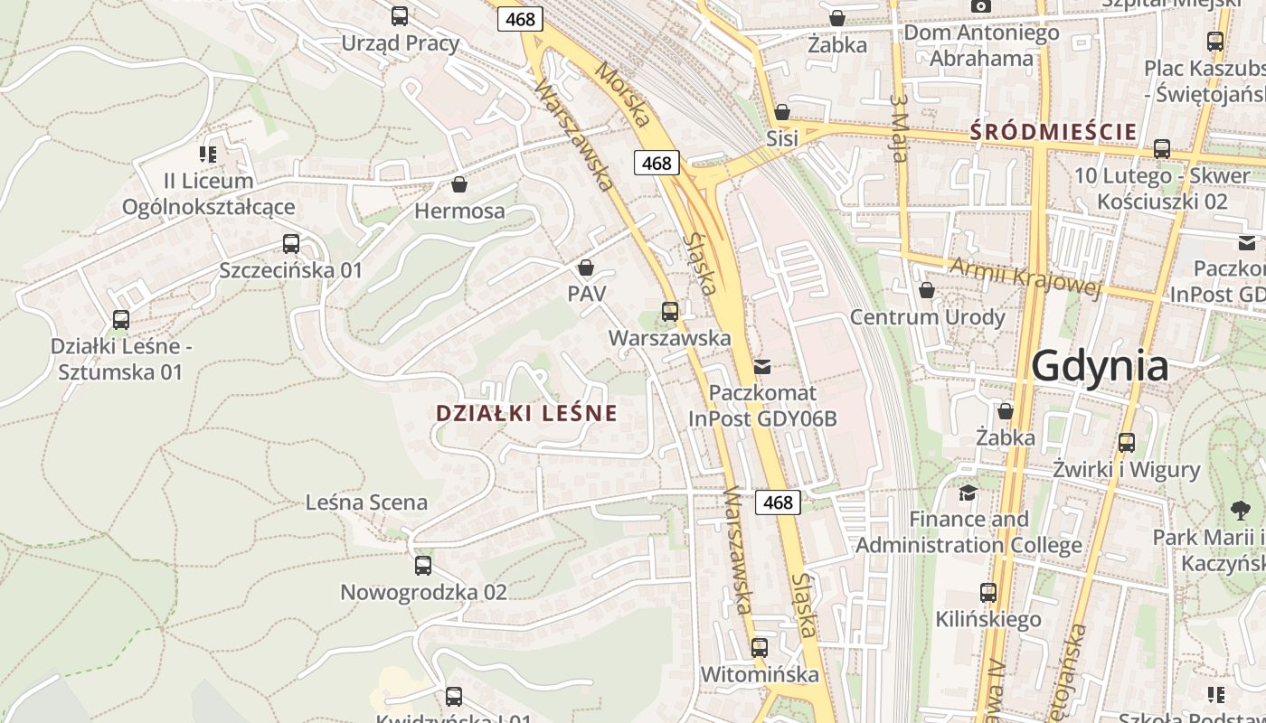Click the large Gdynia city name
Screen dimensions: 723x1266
[x=1100, y=367]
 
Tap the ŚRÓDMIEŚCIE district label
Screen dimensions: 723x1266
[x=1053, y=132]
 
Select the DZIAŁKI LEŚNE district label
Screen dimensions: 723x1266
[x=526, y=414]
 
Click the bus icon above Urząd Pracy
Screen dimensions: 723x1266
[x=400, y=16]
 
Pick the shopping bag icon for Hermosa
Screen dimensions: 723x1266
[x=459, y=184]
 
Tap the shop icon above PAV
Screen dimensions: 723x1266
[x=586, y=268]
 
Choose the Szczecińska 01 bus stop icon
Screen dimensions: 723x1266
[x=291, y=244]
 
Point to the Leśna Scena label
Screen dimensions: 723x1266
[x=366, y=502]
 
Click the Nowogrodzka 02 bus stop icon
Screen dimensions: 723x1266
[x=423, y=566]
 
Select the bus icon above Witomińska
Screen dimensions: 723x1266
[x=760, y=648]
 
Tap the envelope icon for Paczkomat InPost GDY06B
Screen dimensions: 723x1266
[x=762, y=367]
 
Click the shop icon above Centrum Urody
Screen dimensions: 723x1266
[x=927, y=291]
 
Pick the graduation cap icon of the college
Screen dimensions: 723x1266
[x=968, y=493]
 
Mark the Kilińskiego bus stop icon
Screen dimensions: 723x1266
[x=988, y=593]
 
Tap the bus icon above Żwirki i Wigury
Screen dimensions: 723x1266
[x=1127, y=443]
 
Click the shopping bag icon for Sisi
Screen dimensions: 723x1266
[x=782, y=112]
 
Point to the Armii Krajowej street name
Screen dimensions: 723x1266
[x=1025, y=276]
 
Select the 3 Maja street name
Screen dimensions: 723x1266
[x=897, y=128]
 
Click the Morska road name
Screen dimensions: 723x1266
[x=623, y=94]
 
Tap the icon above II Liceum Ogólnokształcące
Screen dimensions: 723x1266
[x=209, y=155]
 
